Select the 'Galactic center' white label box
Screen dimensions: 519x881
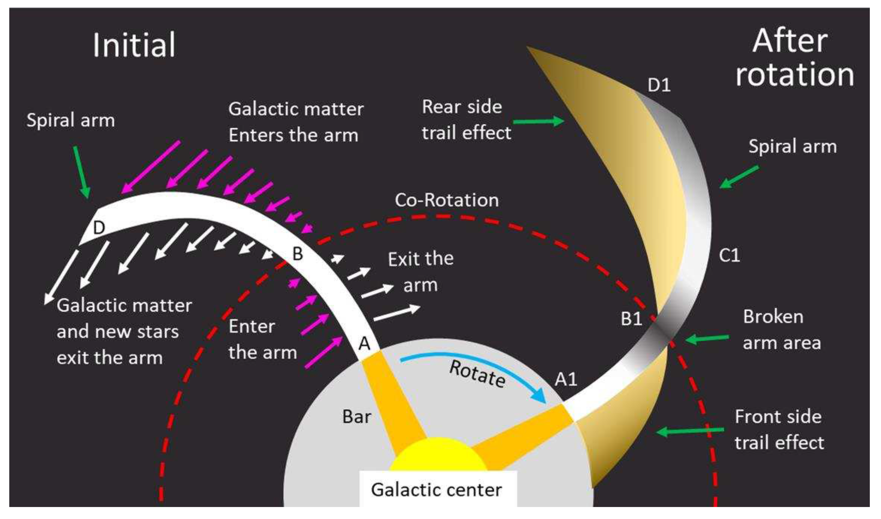pyautogui.click(x=438, y=490)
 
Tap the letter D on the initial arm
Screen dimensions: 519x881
pyautogui.click(x=99, y=228)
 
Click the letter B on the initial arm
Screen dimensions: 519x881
pyautogui.click(x=297, y=254)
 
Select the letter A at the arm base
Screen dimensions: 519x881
pyautogui.click(x=364, y=344)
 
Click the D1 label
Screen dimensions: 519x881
pyautogui.click(x=659, y=85)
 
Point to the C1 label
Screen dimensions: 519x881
pyautogui.click(x=729, y=256)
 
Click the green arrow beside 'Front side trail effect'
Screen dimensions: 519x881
pyautogui.click(x=690, y=431)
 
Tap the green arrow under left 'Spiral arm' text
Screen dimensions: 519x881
pyautogui.click(x=82, y=171)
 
